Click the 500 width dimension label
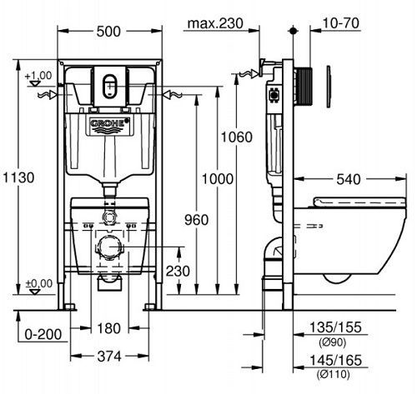108,32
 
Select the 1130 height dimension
18,177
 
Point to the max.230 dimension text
215,23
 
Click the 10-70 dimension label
340,23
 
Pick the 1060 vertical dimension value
237,137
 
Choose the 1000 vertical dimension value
218,179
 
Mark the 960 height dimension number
197,220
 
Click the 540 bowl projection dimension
349,180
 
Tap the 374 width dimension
109,357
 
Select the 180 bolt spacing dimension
108,328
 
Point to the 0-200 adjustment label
43,334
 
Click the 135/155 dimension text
335,327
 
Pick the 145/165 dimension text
335,361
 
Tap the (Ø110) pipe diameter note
333,374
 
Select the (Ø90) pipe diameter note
333,342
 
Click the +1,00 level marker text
38,75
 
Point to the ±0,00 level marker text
39,283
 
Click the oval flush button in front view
110,87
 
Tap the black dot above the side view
293,31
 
